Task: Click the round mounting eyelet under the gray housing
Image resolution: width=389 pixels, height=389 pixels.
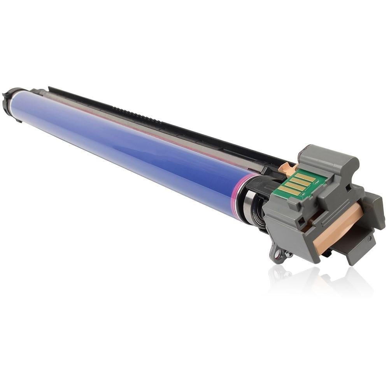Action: (277, 254)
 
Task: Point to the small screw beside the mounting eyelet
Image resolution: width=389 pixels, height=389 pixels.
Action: (288, 254)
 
